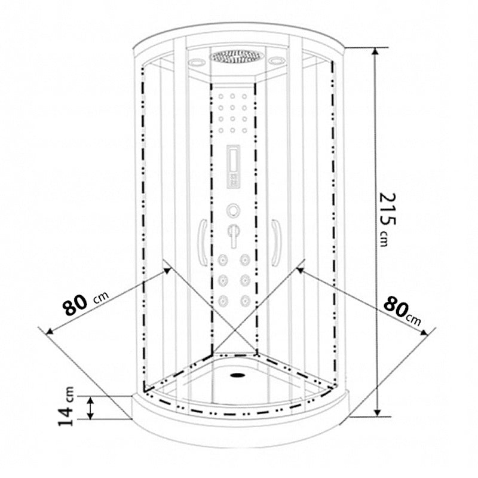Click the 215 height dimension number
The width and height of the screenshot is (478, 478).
pos(387,209)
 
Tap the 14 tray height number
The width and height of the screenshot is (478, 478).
pos(66,415)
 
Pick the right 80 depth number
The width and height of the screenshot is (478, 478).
pos(396,307)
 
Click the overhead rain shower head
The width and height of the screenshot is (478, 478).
pos(236,57)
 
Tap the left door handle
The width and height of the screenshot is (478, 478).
pos(203,242)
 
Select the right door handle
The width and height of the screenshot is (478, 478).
pos(276,242)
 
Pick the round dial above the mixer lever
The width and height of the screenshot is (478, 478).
pos(233,211)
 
